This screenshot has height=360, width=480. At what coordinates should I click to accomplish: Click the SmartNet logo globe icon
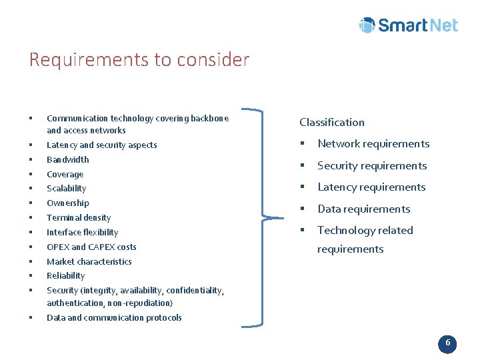367,25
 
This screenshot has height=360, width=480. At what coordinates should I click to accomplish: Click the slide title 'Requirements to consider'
139,60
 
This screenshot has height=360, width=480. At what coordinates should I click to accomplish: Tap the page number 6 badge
447,343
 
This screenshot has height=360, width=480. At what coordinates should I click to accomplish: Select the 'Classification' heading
332,122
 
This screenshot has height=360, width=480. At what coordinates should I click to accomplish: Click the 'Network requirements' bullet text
373,144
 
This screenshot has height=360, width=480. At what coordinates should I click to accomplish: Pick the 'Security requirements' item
372,166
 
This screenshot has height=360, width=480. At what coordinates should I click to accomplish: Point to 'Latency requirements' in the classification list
371,187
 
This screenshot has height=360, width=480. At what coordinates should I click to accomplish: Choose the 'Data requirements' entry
363,209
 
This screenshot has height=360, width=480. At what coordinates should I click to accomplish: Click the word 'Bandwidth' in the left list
67,160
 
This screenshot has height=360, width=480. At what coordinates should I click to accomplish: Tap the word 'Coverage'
65,175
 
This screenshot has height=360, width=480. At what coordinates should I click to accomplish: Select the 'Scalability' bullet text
66,189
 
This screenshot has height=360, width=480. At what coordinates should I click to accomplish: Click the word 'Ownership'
67,203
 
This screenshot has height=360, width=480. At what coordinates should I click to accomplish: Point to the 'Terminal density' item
79,218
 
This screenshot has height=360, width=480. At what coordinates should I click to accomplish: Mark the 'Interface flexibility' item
82,233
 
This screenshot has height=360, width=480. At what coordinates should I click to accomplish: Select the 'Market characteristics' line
89,262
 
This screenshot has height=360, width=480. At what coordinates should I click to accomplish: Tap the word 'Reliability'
65,276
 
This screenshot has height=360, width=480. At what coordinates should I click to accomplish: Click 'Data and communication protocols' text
114,318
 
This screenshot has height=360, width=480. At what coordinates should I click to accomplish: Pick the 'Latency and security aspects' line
101,145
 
